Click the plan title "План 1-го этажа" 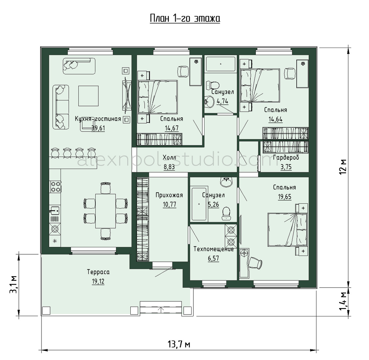[185, 19]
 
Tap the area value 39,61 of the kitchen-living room [98, 128]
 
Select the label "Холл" [169, 157]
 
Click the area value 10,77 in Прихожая [169, 204]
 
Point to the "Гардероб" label [286, 158]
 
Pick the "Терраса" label [98, 272]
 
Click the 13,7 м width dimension [179, 344]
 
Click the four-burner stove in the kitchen [55, 186]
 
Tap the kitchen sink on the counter [55, 211]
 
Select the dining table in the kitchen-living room [105, 211]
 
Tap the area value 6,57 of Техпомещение [213, 258]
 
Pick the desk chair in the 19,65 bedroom [255, 263]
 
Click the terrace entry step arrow [161, 310]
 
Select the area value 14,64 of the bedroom [276, 119]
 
